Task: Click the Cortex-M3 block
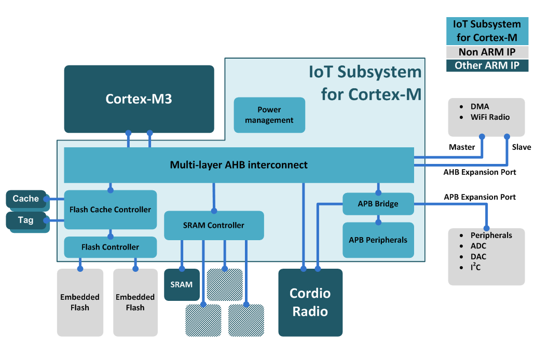tap(139, 99)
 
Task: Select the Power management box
tap(269, 115)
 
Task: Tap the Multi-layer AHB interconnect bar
tap(239, 165)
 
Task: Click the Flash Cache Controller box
tap(110, 210)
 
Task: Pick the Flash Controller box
tap(110, 247)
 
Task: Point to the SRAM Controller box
tap(214, 225)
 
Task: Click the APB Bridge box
tap(378, 204)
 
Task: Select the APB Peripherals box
tap(378, 240)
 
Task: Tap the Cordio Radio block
tap(310, 302)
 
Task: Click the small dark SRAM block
tap(182, 284)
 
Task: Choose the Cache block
tap(26, 199)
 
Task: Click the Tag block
tap(26, 220)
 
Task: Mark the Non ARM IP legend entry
tap(487, 52)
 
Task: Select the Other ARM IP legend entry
tap(487, 65)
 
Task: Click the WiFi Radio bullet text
tap(490, 117)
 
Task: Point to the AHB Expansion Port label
tap(479, 172)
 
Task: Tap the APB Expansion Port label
tap(479, 197)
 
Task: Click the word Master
tap(461, 147)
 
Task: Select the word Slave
tap(521, 147)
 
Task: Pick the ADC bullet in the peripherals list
tap(478, 246)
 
